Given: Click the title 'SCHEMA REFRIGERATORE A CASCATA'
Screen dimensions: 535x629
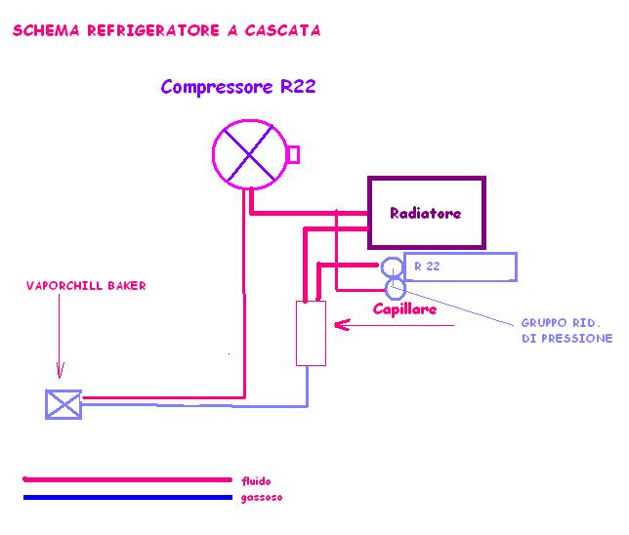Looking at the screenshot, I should click(166, 30).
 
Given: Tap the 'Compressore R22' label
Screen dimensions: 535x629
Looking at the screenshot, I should click(238, 87).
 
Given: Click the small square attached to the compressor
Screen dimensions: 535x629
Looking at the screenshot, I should click(292, 154).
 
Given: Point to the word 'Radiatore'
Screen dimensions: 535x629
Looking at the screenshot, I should click(425, 213).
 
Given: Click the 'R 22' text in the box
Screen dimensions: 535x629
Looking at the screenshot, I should click(427, 266).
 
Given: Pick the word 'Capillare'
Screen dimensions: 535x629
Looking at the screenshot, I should click(404, 309).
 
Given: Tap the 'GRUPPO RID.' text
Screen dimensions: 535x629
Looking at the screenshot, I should click(561, 322).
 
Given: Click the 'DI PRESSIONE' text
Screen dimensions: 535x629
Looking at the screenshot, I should click(566, 338).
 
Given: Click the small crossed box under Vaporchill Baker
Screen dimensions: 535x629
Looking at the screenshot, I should click(63, 403).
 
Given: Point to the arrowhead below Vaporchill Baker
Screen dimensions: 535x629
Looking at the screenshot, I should click(61, 372).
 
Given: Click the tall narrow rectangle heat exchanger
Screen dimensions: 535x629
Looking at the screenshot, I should click(311, 333).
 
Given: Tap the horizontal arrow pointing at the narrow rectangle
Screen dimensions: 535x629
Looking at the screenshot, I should click(391, 328).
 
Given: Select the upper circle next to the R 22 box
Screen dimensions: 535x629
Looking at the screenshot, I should click(392, 267).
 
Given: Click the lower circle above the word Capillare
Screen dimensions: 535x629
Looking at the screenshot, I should click(396, 288).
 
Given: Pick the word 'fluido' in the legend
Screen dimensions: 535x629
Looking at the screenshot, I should click(256, 480).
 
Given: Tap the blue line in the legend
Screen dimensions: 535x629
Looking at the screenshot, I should click(127, 497).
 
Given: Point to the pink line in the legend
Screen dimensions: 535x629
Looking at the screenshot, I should click(127, 479).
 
